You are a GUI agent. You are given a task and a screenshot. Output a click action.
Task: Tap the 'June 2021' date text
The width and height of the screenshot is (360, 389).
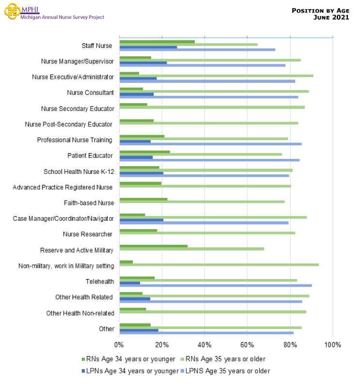(331, 17)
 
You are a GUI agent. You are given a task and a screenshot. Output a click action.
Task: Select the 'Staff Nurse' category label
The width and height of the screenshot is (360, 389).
(97, 46)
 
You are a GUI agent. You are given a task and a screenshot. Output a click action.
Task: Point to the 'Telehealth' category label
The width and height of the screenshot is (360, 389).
(100, 281)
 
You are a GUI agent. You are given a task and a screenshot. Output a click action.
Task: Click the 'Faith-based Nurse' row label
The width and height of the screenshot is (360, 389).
(89, 202)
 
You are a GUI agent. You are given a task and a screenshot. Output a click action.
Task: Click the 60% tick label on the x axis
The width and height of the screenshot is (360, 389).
(247, 345)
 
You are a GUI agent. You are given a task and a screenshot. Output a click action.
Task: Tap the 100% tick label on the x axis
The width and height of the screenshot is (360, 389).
(332, 345)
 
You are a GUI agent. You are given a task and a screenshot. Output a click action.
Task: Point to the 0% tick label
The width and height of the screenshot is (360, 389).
(119, 345)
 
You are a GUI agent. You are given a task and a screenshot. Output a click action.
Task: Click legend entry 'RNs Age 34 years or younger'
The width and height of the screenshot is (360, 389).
(130, 359)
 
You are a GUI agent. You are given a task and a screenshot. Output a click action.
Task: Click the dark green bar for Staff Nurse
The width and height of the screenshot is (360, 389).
(157, 42)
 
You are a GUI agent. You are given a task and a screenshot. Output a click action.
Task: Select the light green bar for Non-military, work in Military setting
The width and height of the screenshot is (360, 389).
(219, 265)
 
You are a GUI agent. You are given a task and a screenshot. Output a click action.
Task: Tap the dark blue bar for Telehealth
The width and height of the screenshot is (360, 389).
(129, 282)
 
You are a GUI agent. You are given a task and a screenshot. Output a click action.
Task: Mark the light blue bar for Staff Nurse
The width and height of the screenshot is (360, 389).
(197, 49)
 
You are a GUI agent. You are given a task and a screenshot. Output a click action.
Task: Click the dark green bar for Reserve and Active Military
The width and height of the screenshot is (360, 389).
(153, 246)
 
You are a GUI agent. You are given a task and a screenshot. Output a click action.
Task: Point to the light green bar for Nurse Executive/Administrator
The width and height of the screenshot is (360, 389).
(216, 76)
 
